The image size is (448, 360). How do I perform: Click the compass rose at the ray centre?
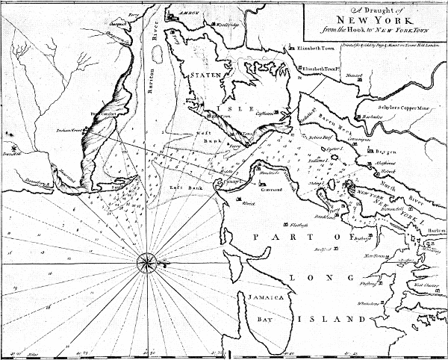click(147, 261)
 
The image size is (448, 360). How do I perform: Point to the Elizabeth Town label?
click(318, 49)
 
